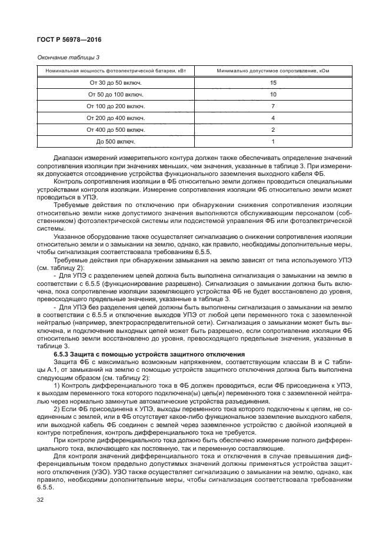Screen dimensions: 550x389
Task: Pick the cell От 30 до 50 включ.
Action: tap(116, 82)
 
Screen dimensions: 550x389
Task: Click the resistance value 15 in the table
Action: tap(273, 82)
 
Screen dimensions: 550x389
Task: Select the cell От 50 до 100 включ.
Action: tap(116, 94)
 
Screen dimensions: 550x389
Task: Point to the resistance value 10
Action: tap(273, 94)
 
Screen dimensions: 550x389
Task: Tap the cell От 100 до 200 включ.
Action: tap(116, 106)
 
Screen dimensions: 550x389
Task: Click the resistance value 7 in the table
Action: tap(273, 106)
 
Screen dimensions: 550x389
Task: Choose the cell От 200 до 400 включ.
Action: tap(116, 118)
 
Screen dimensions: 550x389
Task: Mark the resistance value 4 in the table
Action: tap(273, 118)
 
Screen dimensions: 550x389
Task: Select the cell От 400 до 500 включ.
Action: tap(116, 129)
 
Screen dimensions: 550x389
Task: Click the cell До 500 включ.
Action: tap(116, 142)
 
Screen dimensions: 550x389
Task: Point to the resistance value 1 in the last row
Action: tap(273, 142)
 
